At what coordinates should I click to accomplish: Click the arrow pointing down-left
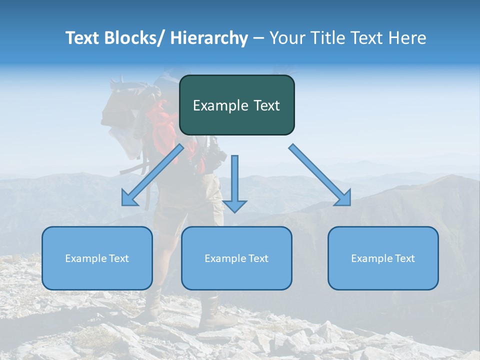pyautogui.click(x=152, y=175)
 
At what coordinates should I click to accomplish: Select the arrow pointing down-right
pyautogui.click(x=320, y=175)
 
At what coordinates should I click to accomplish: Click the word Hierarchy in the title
pyautogui.click(x=208, y=38)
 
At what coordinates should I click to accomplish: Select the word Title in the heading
pyautogui.click(x=330, y=38)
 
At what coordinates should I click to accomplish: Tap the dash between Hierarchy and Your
pyautogui.click(x=258, y=38)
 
